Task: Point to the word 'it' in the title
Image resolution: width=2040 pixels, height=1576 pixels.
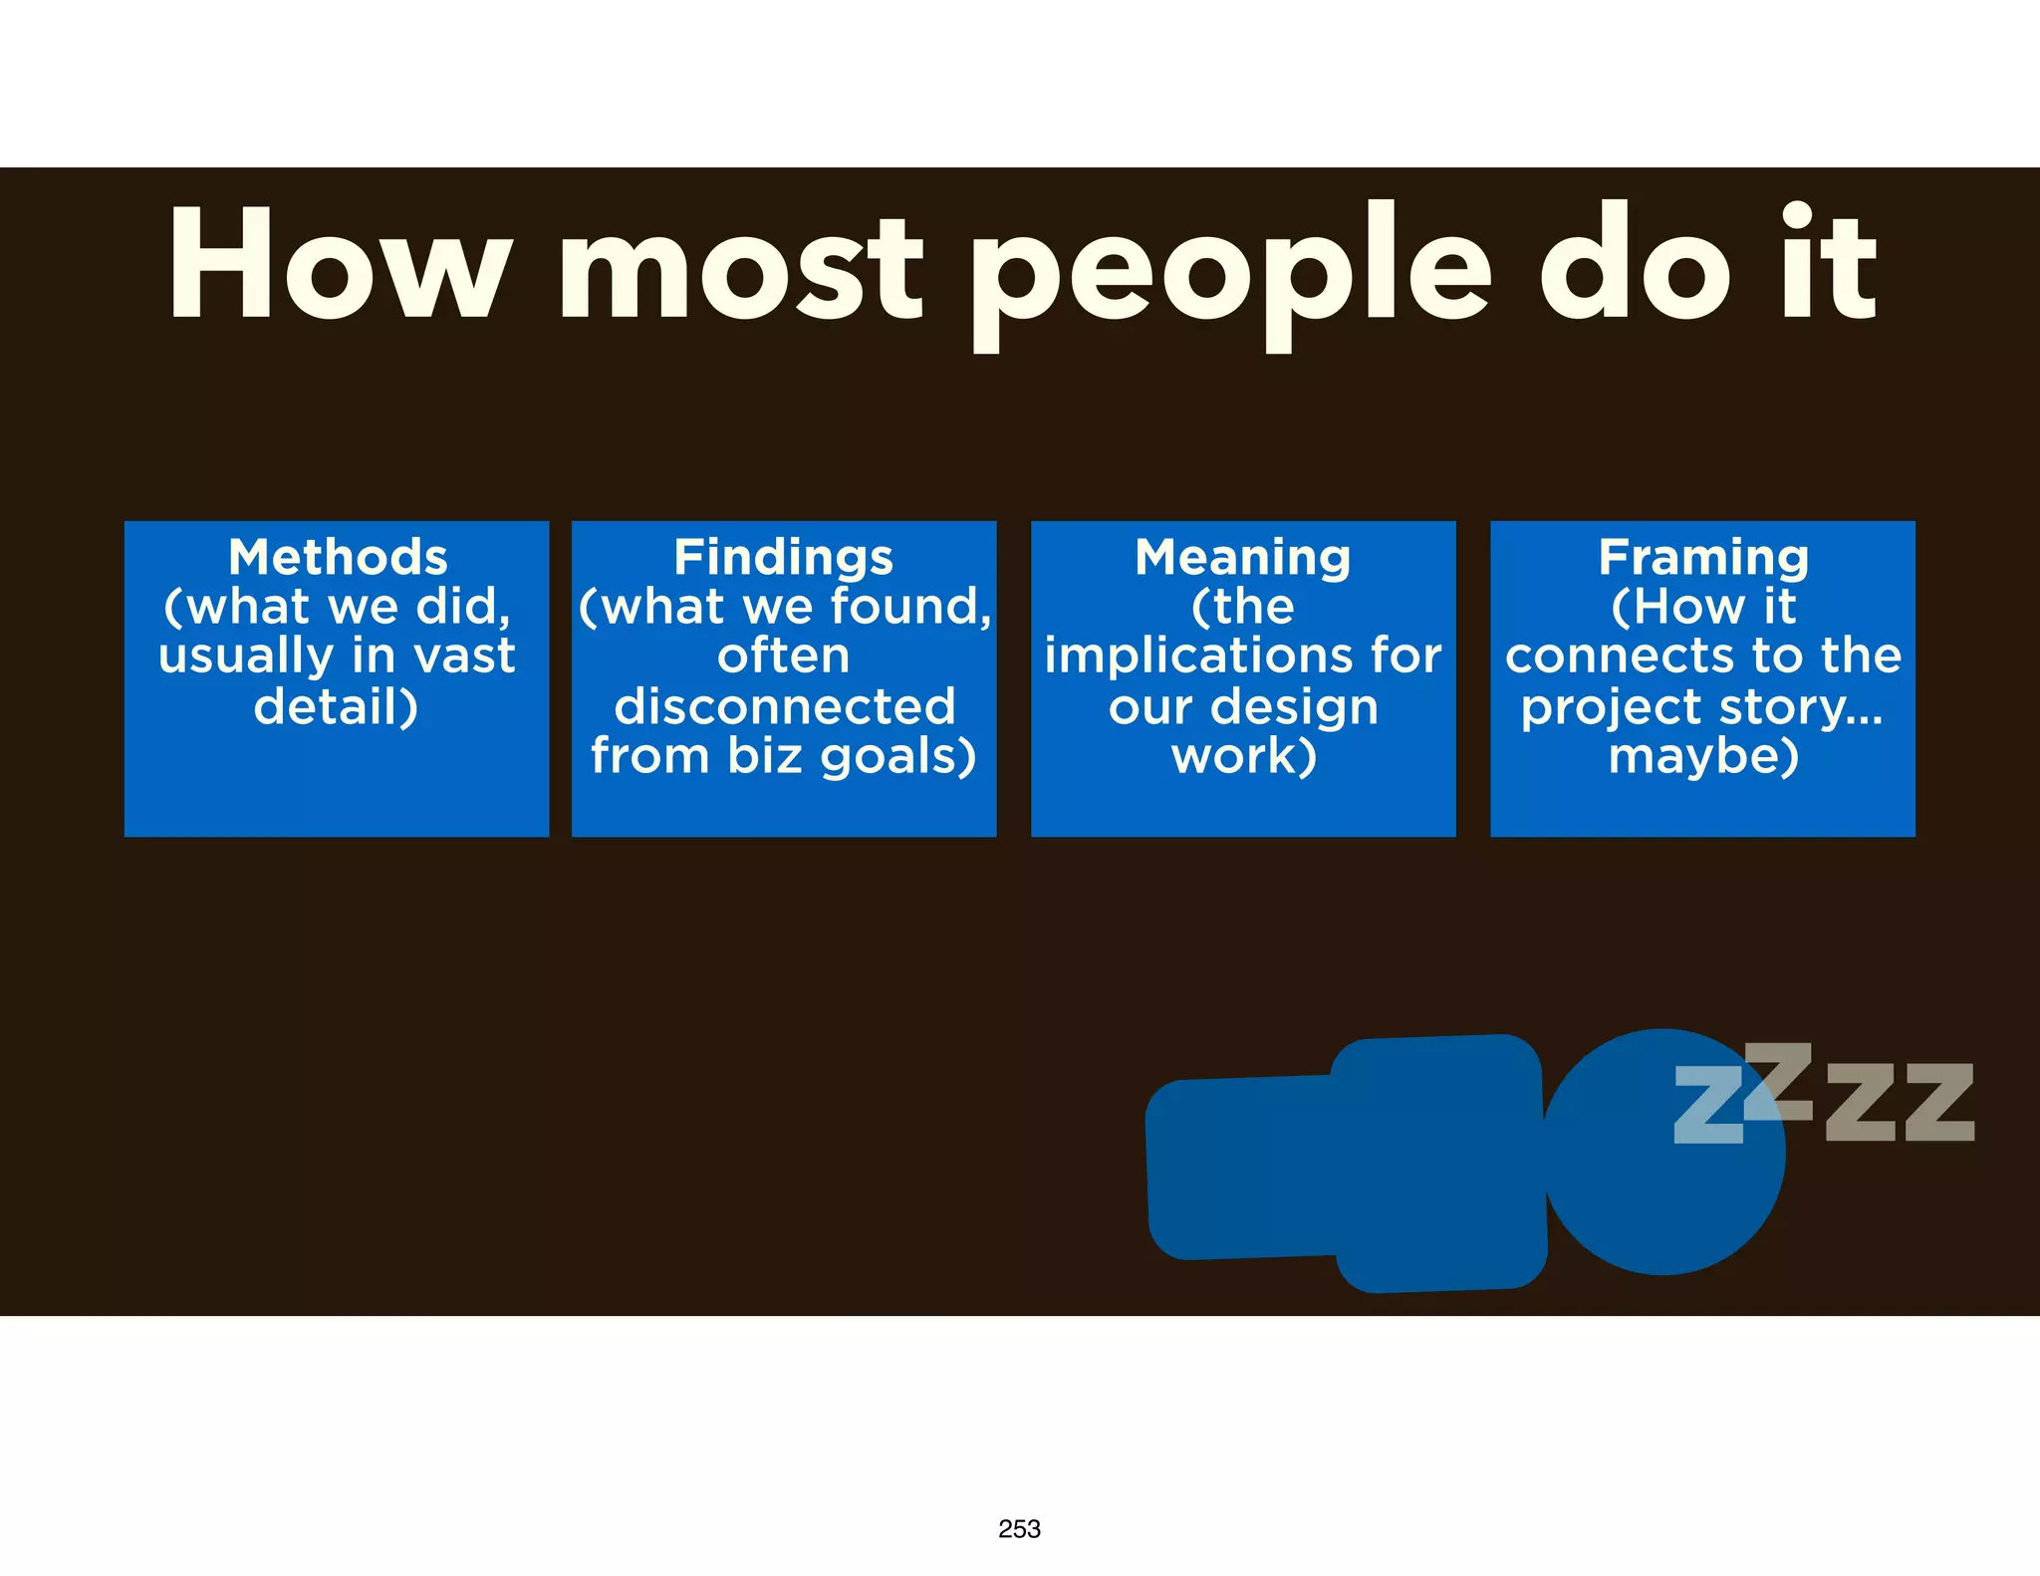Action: [x=1829, y=264]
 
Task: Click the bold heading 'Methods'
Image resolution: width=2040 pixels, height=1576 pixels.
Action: [x=338, y=557]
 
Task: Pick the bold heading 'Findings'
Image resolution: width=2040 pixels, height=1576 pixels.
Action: [x=784, y=557]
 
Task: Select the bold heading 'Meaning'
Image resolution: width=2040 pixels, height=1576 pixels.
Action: [x=1243, y=557]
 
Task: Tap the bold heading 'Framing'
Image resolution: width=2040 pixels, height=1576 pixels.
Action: [x=1703, y=557]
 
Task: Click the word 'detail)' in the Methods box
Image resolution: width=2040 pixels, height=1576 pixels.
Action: [x=337, y=706]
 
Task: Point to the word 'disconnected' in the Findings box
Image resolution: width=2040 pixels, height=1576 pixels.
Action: [x=785, y=706]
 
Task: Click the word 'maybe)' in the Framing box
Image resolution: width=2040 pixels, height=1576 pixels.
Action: [x=1703, y=756]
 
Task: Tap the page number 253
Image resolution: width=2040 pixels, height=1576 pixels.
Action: [x=1019, y=1529]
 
